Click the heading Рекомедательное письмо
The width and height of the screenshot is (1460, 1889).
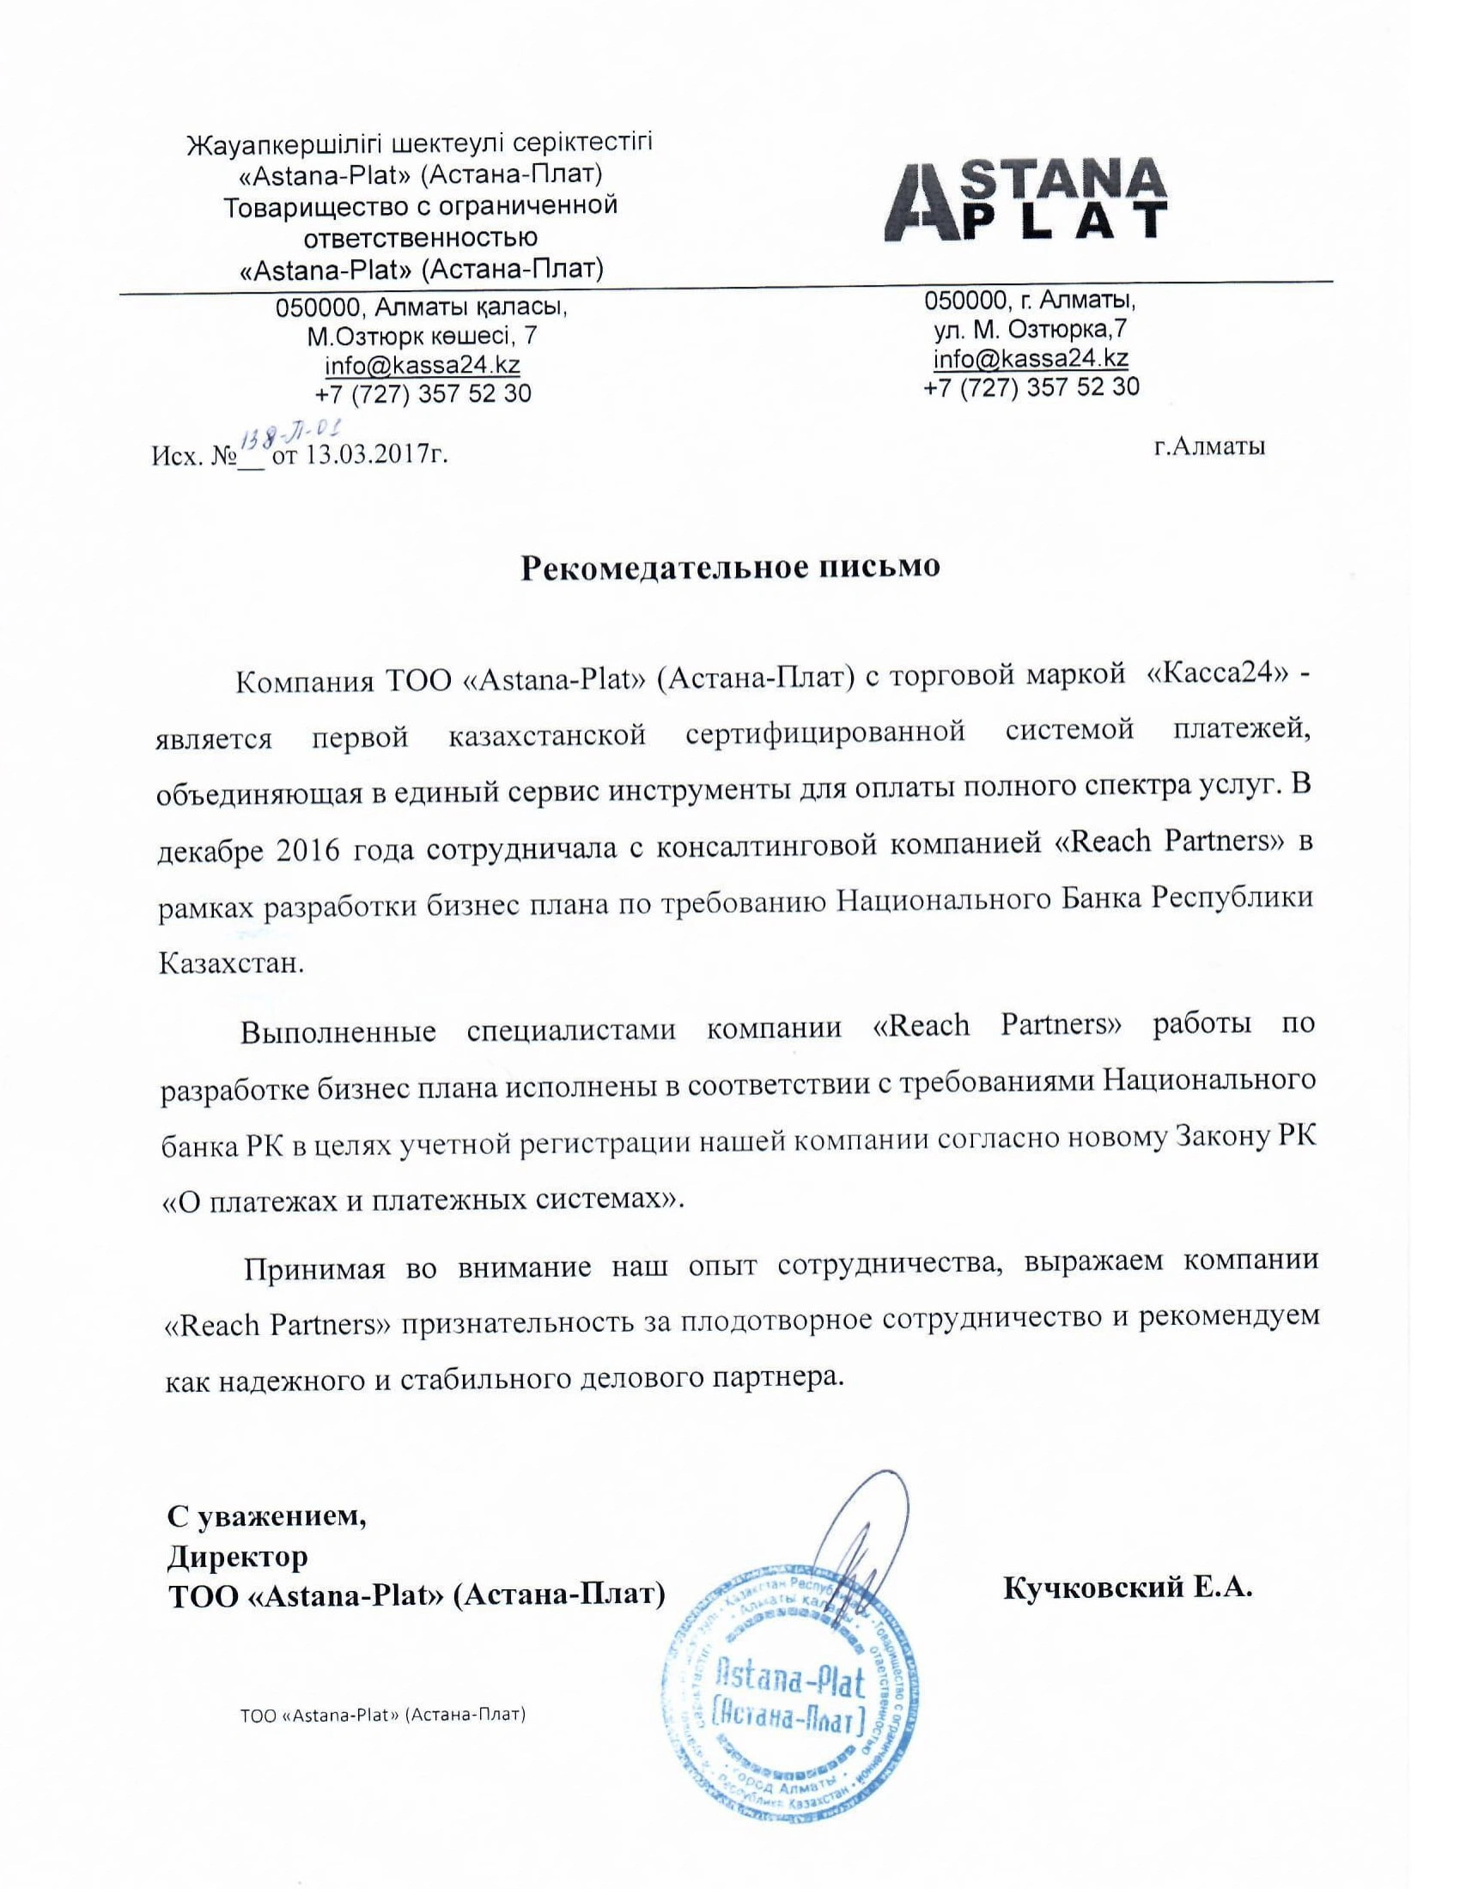point(728,568)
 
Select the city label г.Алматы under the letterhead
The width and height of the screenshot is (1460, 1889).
point(1209,446)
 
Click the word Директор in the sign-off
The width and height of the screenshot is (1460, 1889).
point(237,1557)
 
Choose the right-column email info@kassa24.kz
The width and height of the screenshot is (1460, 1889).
point(1030,358)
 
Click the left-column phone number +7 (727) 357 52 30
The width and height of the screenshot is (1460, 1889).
point(423,394)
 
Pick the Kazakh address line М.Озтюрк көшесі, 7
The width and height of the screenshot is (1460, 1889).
point(422,335)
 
